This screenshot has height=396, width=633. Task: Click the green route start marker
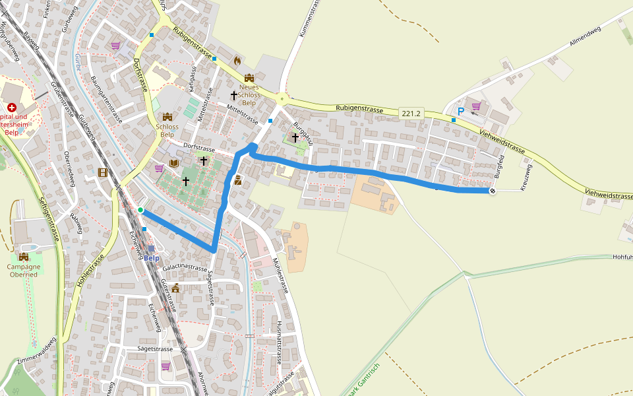(140, 210)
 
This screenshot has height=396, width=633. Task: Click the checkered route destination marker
(492, 191)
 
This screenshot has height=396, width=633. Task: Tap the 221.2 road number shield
(410, 114)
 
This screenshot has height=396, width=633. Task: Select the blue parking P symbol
(461, 112)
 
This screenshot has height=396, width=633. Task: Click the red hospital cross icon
(11, 107)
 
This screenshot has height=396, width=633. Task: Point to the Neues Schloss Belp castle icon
(249, 79)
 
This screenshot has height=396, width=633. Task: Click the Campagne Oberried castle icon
(24, 257)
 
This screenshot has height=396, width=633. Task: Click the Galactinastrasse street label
(185, 267)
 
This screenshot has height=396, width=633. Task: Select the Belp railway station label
(152, 257)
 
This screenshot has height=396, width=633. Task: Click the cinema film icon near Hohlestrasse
(103, 172)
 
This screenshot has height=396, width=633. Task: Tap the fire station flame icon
(237, 60)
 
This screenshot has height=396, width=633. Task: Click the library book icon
(174, 163)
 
